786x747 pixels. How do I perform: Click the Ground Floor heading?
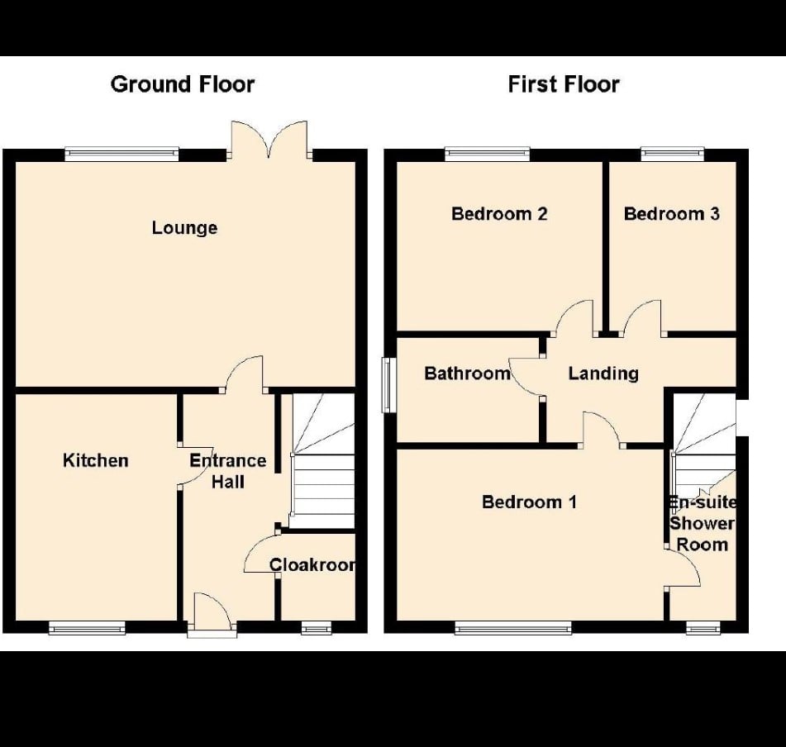183,84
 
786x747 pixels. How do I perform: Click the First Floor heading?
564,84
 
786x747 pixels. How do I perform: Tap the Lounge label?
184,228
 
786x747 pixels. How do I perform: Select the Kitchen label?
96,460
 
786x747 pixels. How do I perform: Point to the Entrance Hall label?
228,471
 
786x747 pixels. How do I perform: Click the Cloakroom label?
312,564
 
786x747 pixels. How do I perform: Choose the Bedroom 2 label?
499,214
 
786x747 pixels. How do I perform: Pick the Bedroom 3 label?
672,214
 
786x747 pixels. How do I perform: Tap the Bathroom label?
467,373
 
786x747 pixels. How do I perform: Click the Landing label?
603,373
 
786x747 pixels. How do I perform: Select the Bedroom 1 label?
529,502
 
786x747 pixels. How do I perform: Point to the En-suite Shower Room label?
703,523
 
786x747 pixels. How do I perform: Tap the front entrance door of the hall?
212,616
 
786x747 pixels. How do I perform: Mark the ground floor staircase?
323,461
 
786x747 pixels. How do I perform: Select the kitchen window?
87,628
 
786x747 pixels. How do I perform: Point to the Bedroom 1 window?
512,628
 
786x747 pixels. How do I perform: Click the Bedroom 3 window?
672,155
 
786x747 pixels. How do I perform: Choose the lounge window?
121,155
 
